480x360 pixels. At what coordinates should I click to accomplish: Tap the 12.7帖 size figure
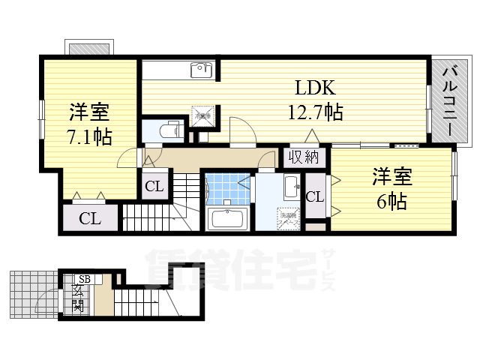tap(316, 112)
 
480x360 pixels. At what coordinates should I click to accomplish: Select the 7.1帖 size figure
tap(90, 138)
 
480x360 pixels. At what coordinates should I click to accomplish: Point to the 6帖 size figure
tap(392, 202)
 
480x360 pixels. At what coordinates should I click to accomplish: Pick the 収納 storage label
tap(304, 157)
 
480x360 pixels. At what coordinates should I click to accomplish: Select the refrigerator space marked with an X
tap(202, 115)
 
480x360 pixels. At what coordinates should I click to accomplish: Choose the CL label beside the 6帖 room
tap(315, 197)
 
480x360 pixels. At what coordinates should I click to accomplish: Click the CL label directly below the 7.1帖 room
tap(90, 219)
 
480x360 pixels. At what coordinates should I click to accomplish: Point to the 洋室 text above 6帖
tap(392, 178)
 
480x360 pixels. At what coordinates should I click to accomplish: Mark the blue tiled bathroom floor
tap(228, 189)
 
